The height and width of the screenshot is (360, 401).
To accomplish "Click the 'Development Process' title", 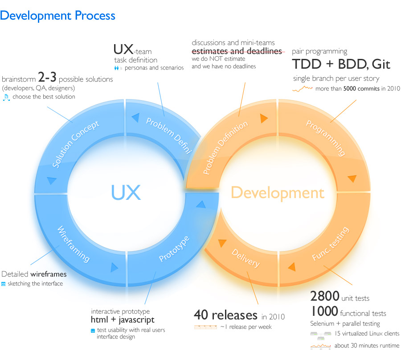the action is pyautogui.click(x=57, y=16).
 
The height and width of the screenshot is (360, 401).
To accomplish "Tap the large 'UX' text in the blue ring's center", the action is pyautogui.click(x=126, y=193).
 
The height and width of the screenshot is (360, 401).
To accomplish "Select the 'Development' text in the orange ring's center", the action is pyautogui.click(x=278, y=193).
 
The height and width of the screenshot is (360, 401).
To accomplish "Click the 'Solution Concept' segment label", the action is pyautogui.click(x=75, y=144).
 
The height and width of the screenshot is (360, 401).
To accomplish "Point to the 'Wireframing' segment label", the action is pyautogui.click(x=74, y=244).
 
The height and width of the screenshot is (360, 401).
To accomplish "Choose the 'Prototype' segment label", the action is pyautogui.click(x=174, y=249).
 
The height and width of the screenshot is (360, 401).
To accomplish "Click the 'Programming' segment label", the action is pyautogui.click(x=326, y=138).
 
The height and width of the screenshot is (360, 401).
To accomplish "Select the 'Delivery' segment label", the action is pyautogui.click(x=246, y=258).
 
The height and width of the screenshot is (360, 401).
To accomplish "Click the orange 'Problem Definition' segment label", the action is pyautogui.click(x=225, y=147).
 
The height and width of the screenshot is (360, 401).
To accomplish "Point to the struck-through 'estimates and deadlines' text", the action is pyautogui.click(x=237, y=51).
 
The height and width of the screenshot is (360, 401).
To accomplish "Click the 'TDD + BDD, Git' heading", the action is pyautogui.click(x=341, y=64).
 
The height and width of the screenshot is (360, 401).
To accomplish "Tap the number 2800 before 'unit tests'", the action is pyautogui.click(x=325, y=296).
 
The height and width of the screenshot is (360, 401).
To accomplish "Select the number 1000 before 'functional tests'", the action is pyautogui.click(x=324, y=311).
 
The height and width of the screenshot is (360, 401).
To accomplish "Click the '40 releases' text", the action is pyautogui.click(x=225, y=315).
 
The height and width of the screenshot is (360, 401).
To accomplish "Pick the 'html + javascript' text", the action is pyautogui.click(x=123, y=320).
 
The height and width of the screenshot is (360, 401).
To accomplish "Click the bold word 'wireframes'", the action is pyautogui.click(x=48, y=274).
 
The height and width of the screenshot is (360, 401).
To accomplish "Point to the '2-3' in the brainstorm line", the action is pyautogui.click(x=47, y=77).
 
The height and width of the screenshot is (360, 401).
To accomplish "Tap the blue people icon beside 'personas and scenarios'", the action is pyautogui.click(x=116, y=68).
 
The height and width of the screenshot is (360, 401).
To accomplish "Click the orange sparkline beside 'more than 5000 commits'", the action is pyautogui.click(x=302, y=89).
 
